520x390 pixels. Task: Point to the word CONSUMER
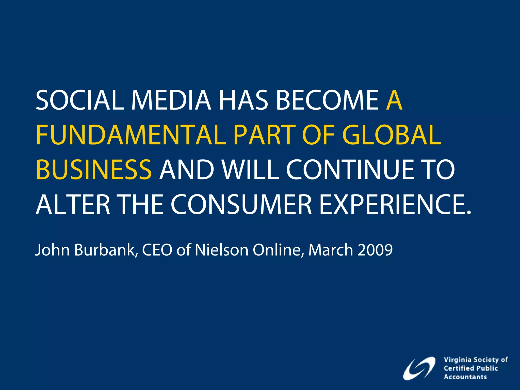(241, 204)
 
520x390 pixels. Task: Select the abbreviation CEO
(157, 250)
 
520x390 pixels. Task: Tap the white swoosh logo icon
(419, 368)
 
